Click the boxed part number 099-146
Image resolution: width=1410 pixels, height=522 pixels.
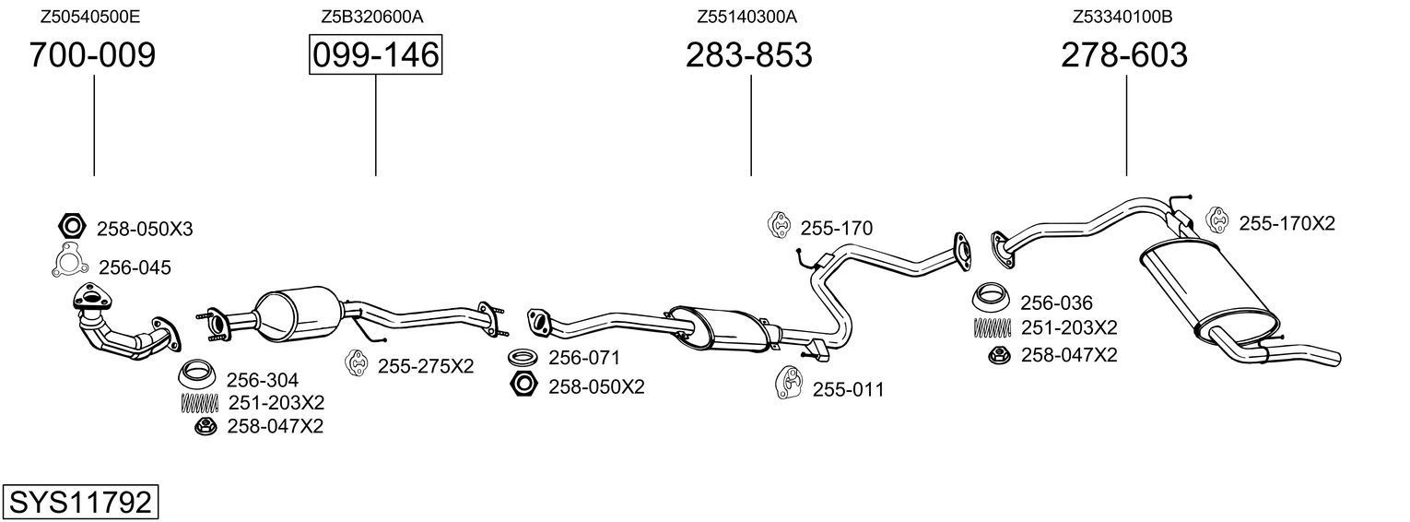click(x=375, y=55)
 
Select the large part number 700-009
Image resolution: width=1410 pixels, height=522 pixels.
click(x=92, y=55)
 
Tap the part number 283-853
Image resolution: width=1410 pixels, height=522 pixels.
click(x=748, y=55)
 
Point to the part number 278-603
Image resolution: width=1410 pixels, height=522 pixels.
click(x=1123, y=55)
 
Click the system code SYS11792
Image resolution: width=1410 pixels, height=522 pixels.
click(x=80, y=503)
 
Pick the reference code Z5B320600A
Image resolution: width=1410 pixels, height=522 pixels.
click(x=372, y=17)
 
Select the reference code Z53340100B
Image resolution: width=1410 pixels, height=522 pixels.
click(x=1122, y=17)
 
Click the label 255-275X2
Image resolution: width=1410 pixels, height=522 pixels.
click(x=425, y=366)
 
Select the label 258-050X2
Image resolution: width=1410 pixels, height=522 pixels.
click(x=596, y=386)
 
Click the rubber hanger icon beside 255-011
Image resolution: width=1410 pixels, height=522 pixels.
click(x=789, y=385)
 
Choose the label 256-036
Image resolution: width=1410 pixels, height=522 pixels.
click(x=1055, y=303)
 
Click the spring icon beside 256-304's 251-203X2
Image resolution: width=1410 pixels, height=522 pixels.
click(x=199, y=402)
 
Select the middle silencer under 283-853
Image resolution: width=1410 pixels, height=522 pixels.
click(x=721, y=326)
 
